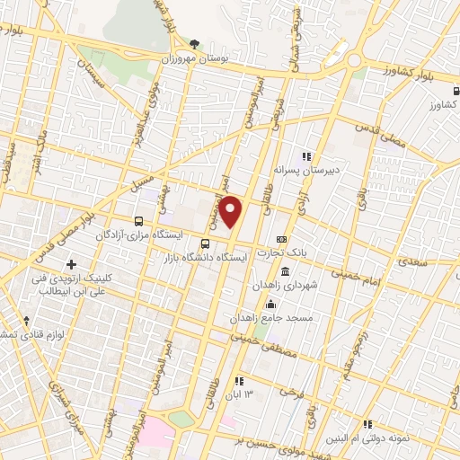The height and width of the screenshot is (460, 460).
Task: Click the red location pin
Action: (x=231, y=212)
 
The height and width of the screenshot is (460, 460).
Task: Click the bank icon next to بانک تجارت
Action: (x=282, y=239)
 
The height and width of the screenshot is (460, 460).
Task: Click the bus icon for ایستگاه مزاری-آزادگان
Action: (x=138, y=220)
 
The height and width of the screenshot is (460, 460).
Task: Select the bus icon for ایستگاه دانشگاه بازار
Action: (x=206, y=243)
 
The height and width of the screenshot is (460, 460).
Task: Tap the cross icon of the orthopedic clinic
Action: (x=71, y=264)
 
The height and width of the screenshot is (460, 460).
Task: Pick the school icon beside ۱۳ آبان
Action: (x=238, y=381)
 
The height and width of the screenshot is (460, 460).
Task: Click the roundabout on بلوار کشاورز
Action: (x=355, y=60)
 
